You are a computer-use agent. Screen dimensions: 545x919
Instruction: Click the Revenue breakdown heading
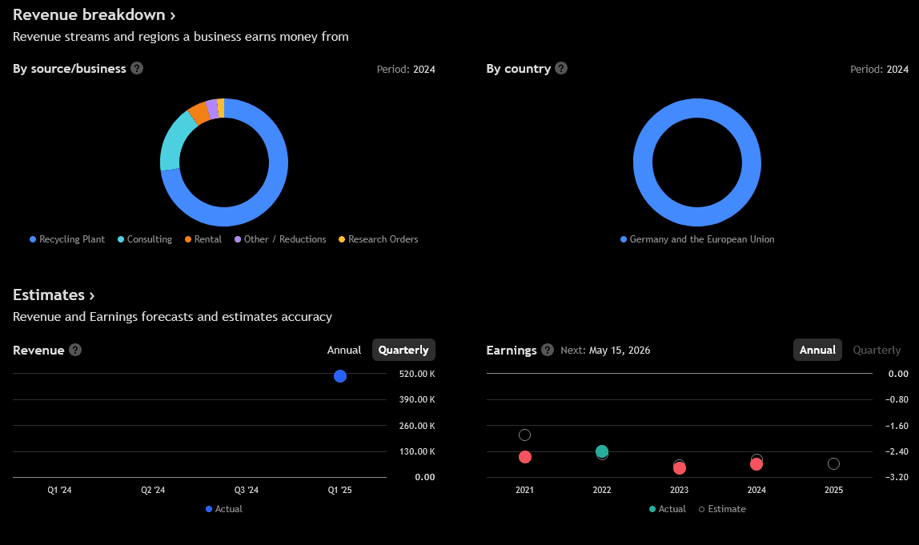94,15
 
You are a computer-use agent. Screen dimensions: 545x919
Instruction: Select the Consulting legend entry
149,239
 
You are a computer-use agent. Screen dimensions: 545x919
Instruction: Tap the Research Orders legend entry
383,239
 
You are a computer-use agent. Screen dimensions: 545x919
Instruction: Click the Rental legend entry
207,239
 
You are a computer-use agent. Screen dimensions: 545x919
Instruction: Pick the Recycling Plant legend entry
71,239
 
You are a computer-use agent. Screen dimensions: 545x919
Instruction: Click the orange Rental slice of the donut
198,113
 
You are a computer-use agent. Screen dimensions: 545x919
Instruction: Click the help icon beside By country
561,68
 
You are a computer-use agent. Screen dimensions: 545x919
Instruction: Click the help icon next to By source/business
137,68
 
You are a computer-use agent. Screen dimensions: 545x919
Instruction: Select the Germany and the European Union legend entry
701,239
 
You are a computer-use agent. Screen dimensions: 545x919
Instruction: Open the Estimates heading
54,295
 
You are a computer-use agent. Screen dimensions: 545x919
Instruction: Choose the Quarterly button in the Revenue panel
403,350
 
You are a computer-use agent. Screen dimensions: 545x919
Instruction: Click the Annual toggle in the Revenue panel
344,350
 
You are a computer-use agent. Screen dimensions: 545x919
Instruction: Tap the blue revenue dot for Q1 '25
340,376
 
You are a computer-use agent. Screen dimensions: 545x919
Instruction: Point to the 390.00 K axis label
416,400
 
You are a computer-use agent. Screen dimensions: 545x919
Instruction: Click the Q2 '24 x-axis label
153,490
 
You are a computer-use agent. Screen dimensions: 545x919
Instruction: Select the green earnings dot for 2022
602,451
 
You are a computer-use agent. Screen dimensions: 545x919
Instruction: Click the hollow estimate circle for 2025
833,463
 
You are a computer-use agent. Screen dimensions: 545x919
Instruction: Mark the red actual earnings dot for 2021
525,457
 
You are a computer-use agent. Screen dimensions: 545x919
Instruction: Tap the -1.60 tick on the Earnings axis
898,426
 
